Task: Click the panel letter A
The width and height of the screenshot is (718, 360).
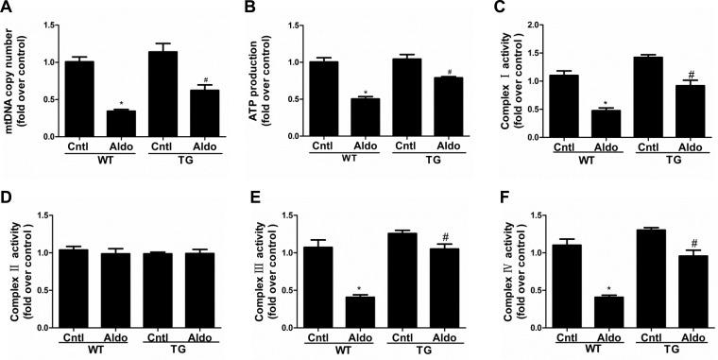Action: point(8,8)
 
